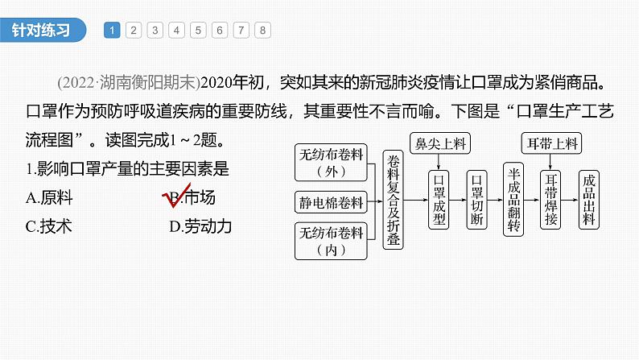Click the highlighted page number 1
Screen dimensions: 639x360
(113, 31)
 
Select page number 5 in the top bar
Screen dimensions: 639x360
(198, 31)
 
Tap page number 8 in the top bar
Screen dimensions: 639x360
(262, 31)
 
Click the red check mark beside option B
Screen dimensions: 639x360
(174, 197)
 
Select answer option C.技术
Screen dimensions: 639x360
(48, 226)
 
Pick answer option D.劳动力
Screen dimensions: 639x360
(200, 226)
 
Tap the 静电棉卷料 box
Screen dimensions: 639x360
(331, 201)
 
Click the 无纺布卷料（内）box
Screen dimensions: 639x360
(331, 241)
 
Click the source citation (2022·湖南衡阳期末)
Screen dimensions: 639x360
(128, 82)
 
